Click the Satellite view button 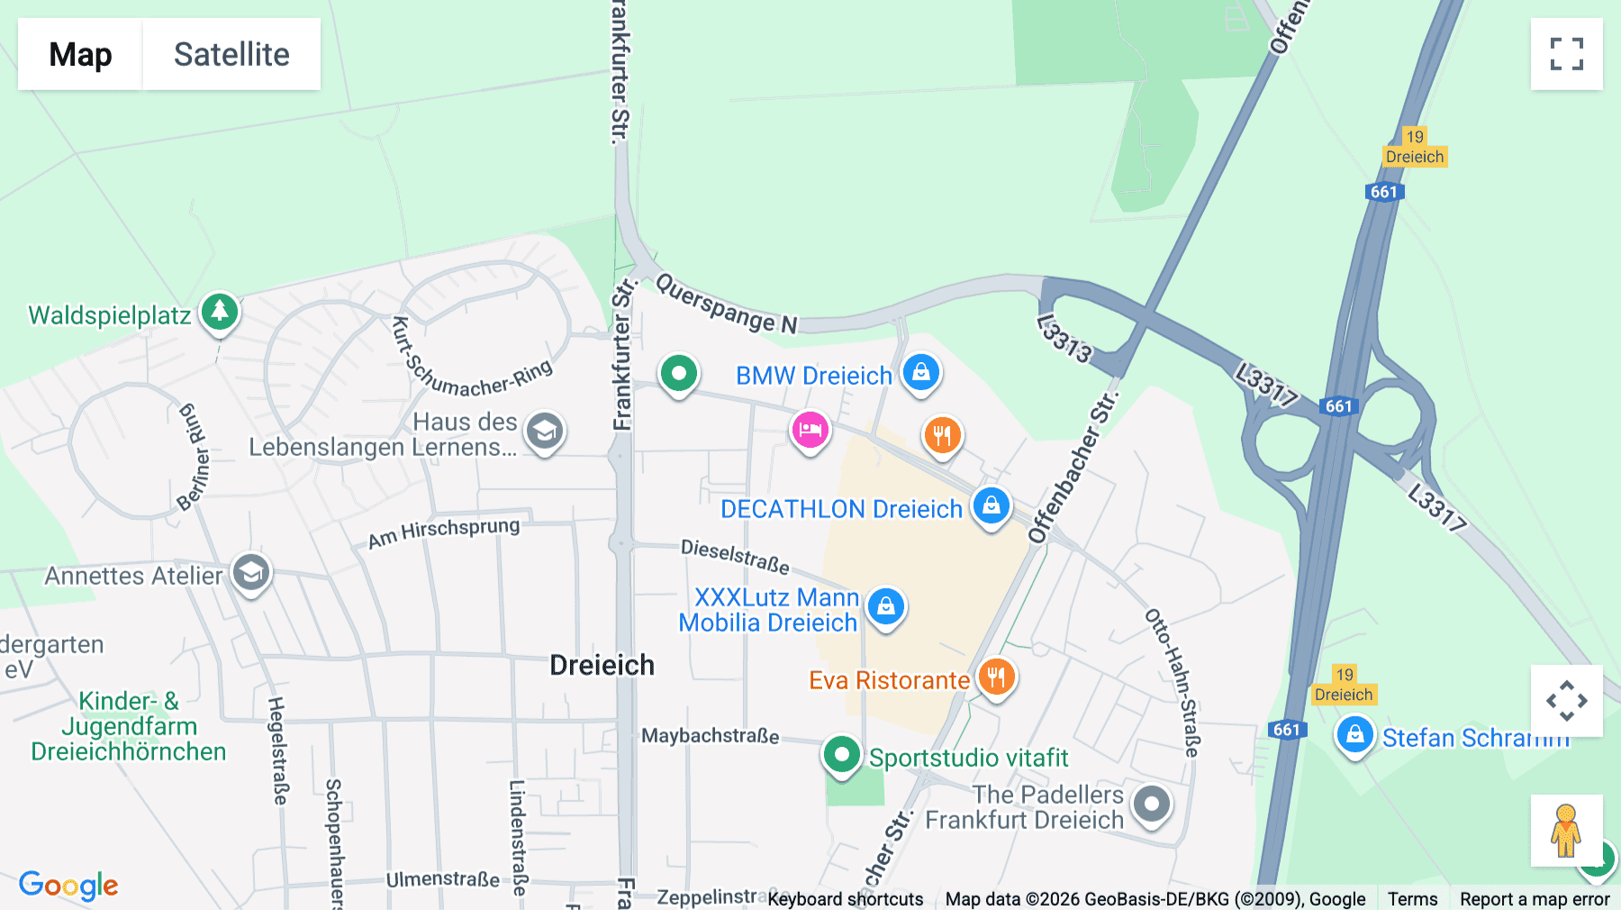click(231, 54)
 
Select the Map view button click(80, 54)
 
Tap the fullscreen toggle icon click(1566, 54)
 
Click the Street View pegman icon click(1565, 830)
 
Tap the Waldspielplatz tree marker click(220, 312)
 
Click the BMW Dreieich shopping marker click(920, 372)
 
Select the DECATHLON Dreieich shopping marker click(992, 506)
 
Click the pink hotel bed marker click(810, 431)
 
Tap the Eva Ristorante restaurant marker click(996, 677)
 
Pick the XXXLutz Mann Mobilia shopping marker click(886, 607)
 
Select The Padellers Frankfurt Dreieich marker click(1151, 803)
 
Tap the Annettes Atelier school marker click(250, 572)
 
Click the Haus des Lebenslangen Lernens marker click(544, 432)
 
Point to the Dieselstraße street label click(735, 556)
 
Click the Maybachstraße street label click(710, 736)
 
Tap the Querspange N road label click(726, 304)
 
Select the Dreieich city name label click(602, 665)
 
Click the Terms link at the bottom click(1412, 898)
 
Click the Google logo click(68, 885)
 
